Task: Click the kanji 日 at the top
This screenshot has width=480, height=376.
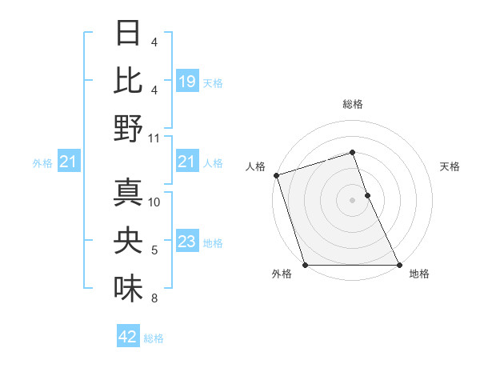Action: click(128, 33)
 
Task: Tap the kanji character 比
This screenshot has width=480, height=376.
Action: click(128, 80)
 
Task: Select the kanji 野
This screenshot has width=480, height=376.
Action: click(128, 128)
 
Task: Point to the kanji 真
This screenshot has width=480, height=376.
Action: click(128, 192)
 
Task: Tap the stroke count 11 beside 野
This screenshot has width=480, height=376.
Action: click(154, 138)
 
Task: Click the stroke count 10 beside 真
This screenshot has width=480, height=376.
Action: click(154, 202)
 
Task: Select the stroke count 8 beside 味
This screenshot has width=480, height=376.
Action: click(154, 298)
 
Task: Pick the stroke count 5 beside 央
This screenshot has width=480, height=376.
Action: click(154, 250)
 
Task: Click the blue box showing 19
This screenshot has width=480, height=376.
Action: click(186, 82)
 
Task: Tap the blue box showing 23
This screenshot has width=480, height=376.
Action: click(186, 242)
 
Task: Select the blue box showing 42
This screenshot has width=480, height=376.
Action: click(128, 337)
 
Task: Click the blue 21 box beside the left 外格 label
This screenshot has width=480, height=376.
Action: click(69, 162)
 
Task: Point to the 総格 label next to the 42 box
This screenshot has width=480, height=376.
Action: click(154, 338)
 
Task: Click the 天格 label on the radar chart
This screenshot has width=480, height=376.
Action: click(450, 166)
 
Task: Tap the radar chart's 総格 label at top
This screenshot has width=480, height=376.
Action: click(352, 104)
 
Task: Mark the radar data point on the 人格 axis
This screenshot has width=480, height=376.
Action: click(276, 175)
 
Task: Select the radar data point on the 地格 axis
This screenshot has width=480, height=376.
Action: click(398, 264)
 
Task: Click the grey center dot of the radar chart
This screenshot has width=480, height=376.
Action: click(352, 200)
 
